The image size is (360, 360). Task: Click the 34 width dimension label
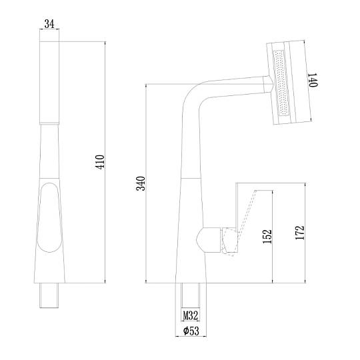click(x=49, y=24)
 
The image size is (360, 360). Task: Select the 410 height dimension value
click(x=100, y=162)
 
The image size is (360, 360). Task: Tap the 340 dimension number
click(x=141, y=183)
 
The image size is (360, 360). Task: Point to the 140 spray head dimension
click(x=313, y=80)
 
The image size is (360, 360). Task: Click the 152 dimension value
click(x=267, y=237)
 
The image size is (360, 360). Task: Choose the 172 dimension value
click(x=300, y=233)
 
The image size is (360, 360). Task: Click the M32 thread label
click(x=190, y=315)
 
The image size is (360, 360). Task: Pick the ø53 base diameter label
click(x=191, y=331)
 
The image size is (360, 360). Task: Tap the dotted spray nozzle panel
click(x=281, y=83)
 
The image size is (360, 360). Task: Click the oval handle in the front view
click(x=49, y=217)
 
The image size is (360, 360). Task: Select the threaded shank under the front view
click(x=49, y=295)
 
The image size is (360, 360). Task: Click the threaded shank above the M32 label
click(x=190, y=295)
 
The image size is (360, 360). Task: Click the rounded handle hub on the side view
click(x=208, y=240)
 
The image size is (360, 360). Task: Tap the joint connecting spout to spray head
click(x=268, y=84)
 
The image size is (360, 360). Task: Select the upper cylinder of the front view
click(x=49, y=83)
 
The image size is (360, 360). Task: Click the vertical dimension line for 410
click(x=105, y=162)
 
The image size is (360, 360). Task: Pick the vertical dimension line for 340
click(x=146, y=183)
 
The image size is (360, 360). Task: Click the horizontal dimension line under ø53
click(x=191, y=337)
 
